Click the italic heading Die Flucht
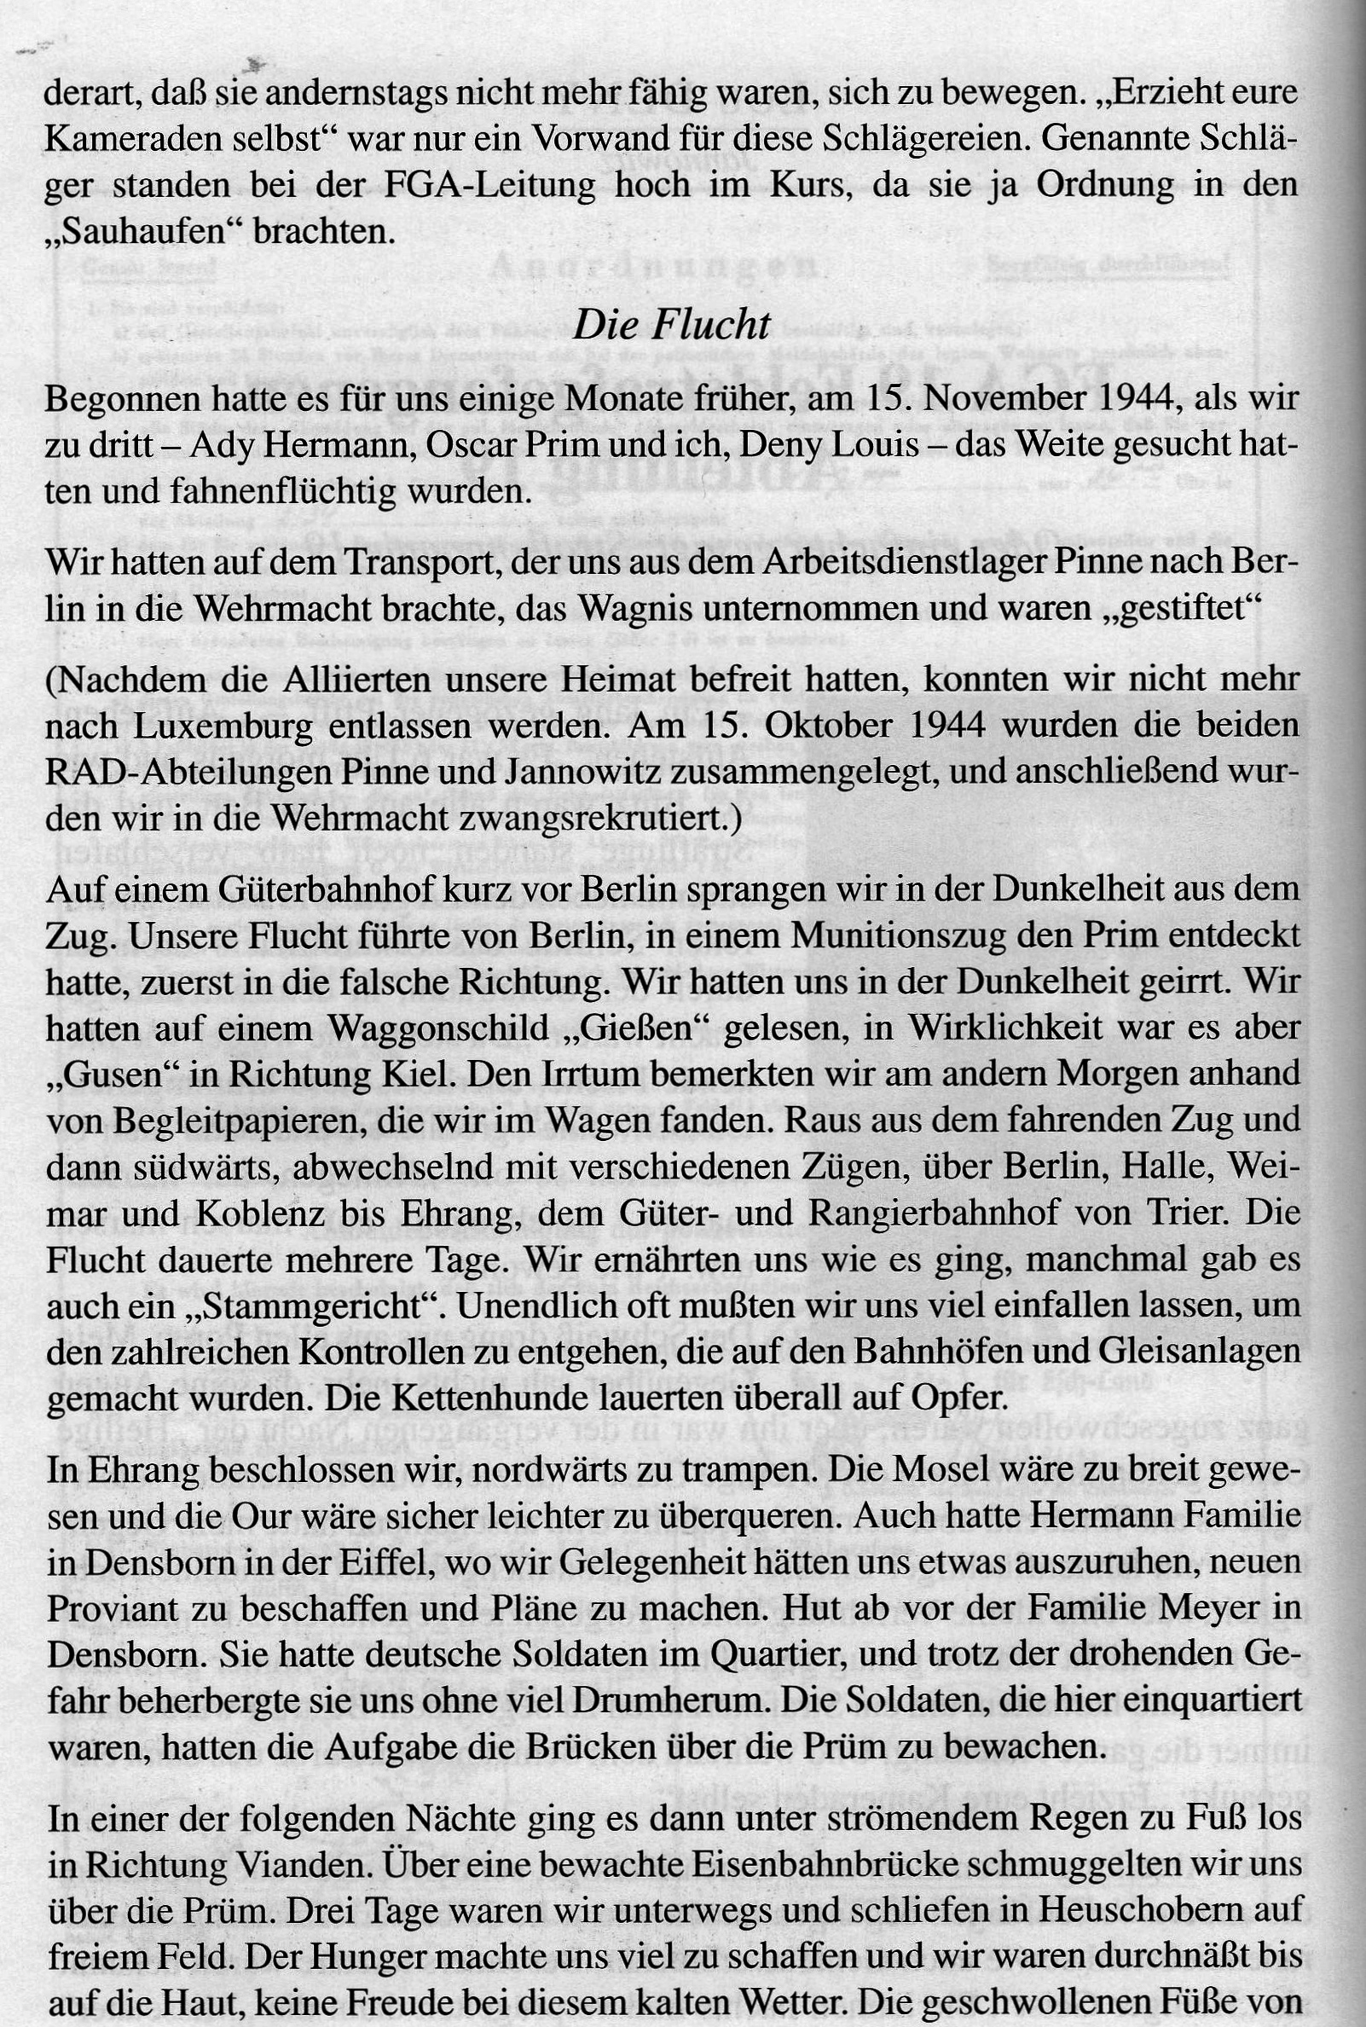671,325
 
